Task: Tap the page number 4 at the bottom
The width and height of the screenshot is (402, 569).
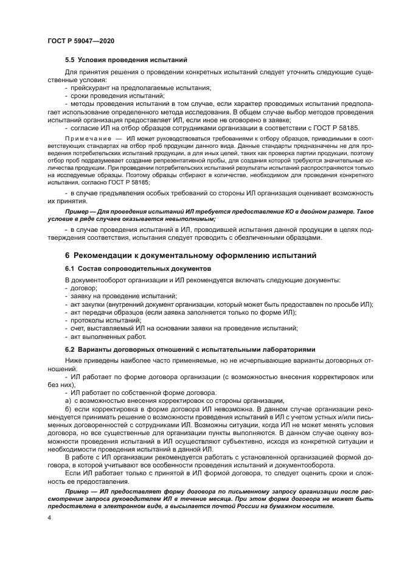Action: (x=49, y=517)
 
